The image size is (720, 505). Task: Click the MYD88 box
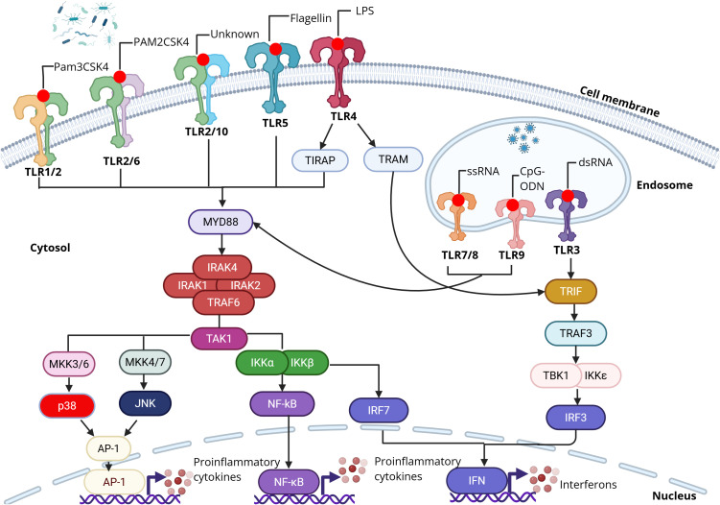[221, 222]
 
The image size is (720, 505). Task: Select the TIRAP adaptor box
[320, 160]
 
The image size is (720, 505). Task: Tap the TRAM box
[393, 159]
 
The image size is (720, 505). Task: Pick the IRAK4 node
[221, 267]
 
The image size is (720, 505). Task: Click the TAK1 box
[219, 339]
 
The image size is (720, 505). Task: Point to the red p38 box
[67, 406]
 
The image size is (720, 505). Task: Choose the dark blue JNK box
[145, 403]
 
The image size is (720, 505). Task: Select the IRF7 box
[379, 410]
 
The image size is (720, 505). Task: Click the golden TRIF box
[570, 291]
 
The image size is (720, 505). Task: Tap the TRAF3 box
[575, 333]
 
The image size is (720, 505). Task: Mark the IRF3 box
[575, 418]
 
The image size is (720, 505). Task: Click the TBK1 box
[556, 375]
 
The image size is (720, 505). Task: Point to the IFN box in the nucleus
[476, 481]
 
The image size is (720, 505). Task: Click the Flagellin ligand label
[311, 18]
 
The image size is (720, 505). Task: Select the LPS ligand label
[364, 11]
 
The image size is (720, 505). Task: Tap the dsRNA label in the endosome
[595, 162]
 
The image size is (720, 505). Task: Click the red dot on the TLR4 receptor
[338, 44]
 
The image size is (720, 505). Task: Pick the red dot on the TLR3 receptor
[568, 196]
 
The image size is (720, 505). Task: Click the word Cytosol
[50, 248]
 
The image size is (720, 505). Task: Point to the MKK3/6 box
[69, 364]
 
